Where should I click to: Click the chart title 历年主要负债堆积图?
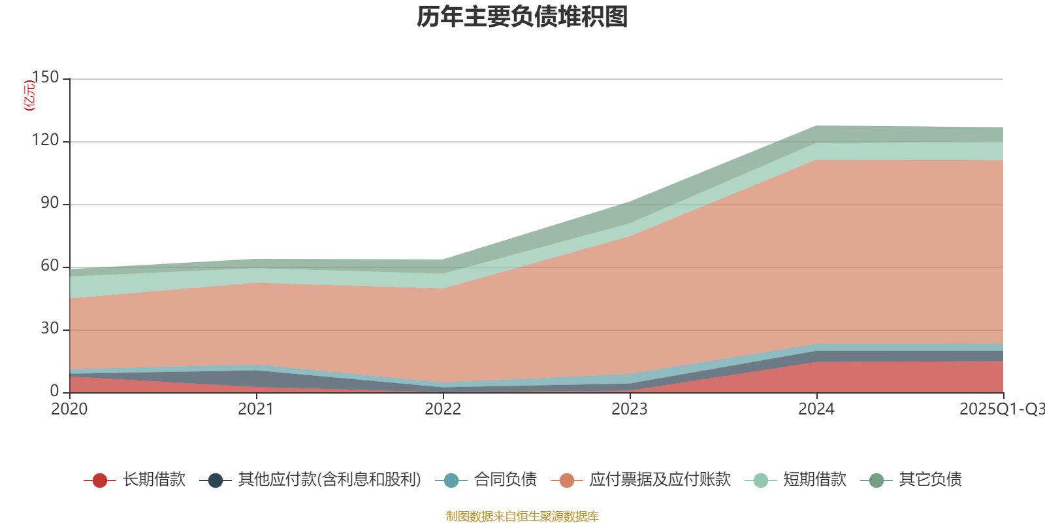(x=522, y=17)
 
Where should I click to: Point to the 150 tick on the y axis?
(x=45, y=78)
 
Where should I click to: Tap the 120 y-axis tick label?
(x=45, y=141)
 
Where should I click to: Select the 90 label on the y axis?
(x=50, y=203)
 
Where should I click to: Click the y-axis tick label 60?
(x=50, y=266)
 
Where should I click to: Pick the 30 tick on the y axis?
(x=50, y=329)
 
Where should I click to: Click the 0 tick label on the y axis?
(x=54, y=392)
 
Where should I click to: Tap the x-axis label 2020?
(x=69, y=409)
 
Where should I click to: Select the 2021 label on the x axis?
(x=256, y=409)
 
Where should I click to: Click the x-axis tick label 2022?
(x=443, y=409)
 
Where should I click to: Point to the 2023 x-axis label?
(x=630, y=409)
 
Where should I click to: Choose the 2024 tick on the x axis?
(x=816, y=409)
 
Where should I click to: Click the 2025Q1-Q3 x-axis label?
(x=1001, y=409)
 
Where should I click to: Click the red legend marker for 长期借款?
(x=100, y=481)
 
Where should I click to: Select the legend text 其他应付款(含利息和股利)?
(x=329, y=480)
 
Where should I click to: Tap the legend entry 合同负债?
(x=505, y=480)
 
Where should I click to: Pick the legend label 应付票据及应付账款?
(x=660, y=480)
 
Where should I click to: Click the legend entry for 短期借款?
(x=814, y=480)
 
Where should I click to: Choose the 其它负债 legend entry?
(x=930, y=480)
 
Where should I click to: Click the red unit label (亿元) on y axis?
(x=29, y=95)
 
